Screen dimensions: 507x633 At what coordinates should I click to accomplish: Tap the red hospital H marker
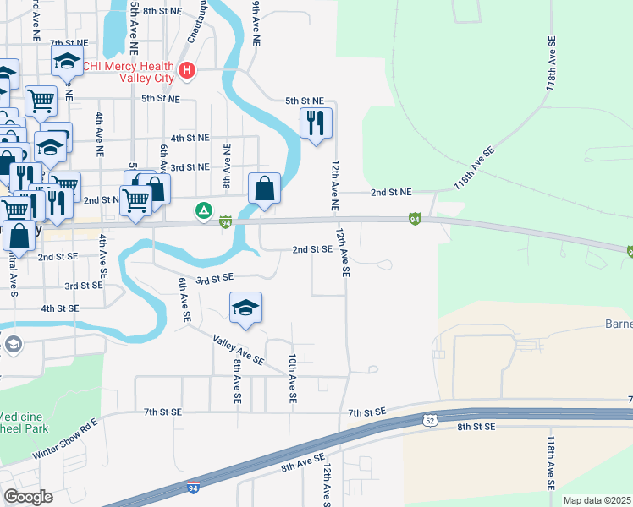(188, 71)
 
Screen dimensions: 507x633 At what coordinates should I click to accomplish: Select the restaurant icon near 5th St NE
(316, 123)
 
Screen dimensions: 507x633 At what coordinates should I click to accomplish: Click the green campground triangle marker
(203, 210)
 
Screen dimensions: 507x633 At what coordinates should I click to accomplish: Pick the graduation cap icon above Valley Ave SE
(245, 308)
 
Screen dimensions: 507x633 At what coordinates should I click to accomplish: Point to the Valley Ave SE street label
(239, 350)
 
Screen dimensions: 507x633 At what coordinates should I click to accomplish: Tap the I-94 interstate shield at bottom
(194, 488)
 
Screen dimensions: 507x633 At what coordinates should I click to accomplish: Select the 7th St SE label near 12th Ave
(366, 411)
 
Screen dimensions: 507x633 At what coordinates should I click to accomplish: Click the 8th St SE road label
(476, 428)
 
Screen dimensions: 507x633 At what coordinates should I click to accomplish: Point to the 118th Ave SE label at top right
(552, 63)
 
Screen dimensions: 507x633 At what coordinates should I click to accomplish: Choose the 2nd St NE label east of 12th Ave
(390, 193)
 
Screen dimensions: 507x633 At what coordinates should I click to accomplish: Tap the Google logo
(28, 496)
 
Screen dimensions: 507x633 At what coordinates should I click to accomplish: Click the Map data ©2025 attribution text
(597, 500)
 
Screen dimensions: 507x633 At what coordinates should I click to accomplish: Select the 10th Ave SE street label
(292, 377)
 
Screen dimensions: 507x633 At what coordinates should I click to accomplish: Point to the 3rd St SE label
(215, 277)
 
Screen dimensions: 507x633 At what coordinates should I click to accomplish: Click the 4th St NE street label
(190, 137)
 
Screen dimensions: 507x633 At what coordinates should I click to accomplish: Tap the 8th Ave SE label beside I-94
(303, 462)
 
